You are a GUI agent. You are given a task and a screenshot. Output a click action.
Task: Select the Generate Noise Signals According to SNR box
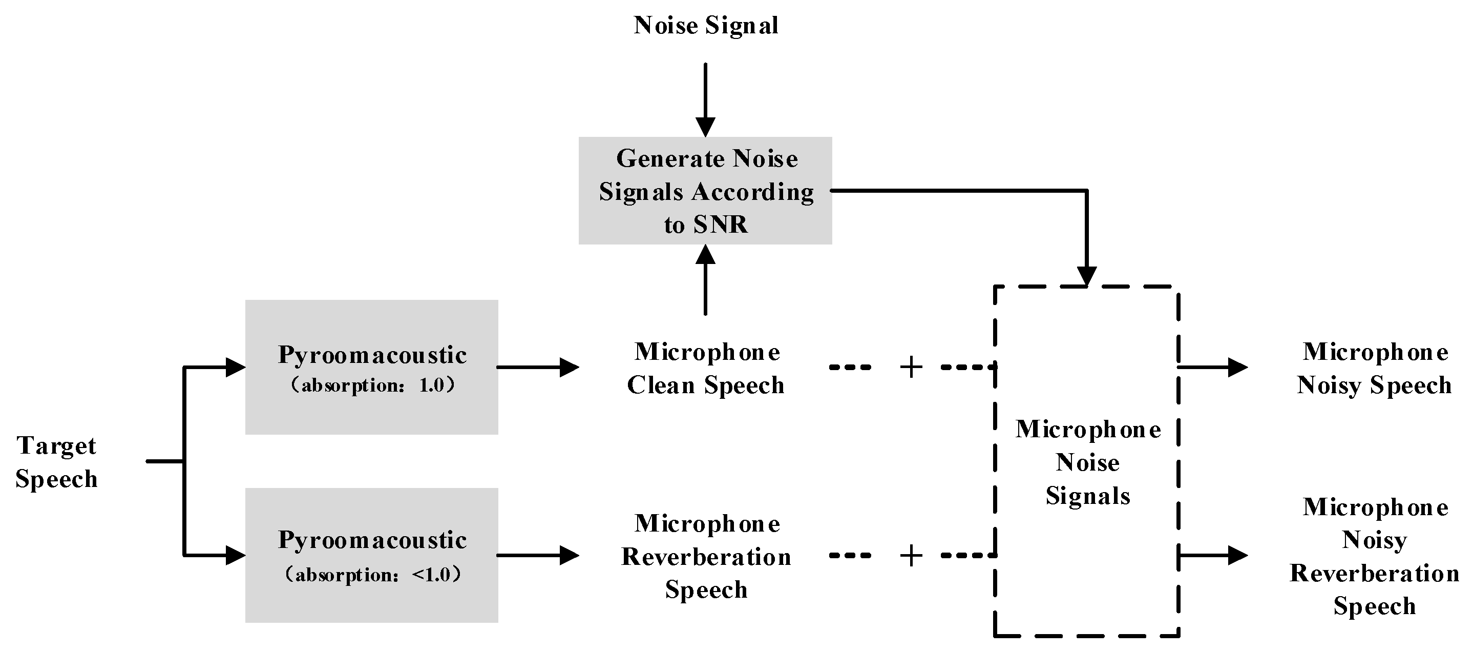click(706, 191)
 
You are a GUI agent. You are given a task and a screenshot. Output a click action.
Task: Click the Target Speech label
click(56, 462)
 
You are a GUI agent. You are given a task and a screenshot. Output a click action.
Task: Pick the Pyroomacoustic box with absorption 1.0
click(372, 367)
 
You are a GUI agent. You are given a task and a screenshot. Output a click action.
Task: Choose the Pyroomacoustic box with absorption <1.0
click(372, 555)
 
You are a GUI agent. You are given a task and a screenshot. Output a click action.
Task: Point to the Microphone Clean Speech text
click(706, 369)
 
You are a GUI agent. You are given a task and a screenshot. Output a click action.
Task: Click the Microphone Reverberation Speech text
click(706, 556)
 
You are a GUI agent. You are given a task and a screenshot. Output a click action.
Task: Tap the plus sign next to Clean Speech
click(911, 367)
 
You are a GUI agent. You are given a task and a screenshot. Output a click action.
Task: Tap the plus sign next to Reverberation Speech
click(911, 556)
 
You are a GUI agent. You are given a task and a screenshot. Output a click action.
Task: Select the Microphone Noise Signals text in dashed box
click(1088, 462)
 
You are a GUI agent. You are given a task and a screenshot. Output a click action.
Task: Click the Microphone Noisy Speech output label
click(1374, 369)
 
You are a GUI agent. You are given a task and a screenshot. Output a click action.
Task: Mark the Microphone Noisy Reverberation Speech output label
click(1374, 556)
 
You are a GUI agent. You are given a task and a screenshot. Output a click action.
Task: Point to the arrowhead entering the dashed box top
click(1086, 276)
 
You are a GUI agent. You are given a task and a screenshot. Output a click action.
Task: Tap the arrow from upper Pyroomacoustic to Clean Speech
click(537, 367)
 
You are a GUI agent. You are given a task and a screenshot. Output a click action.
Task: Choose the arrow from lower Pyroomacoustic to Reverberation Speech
click(537, 555)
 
